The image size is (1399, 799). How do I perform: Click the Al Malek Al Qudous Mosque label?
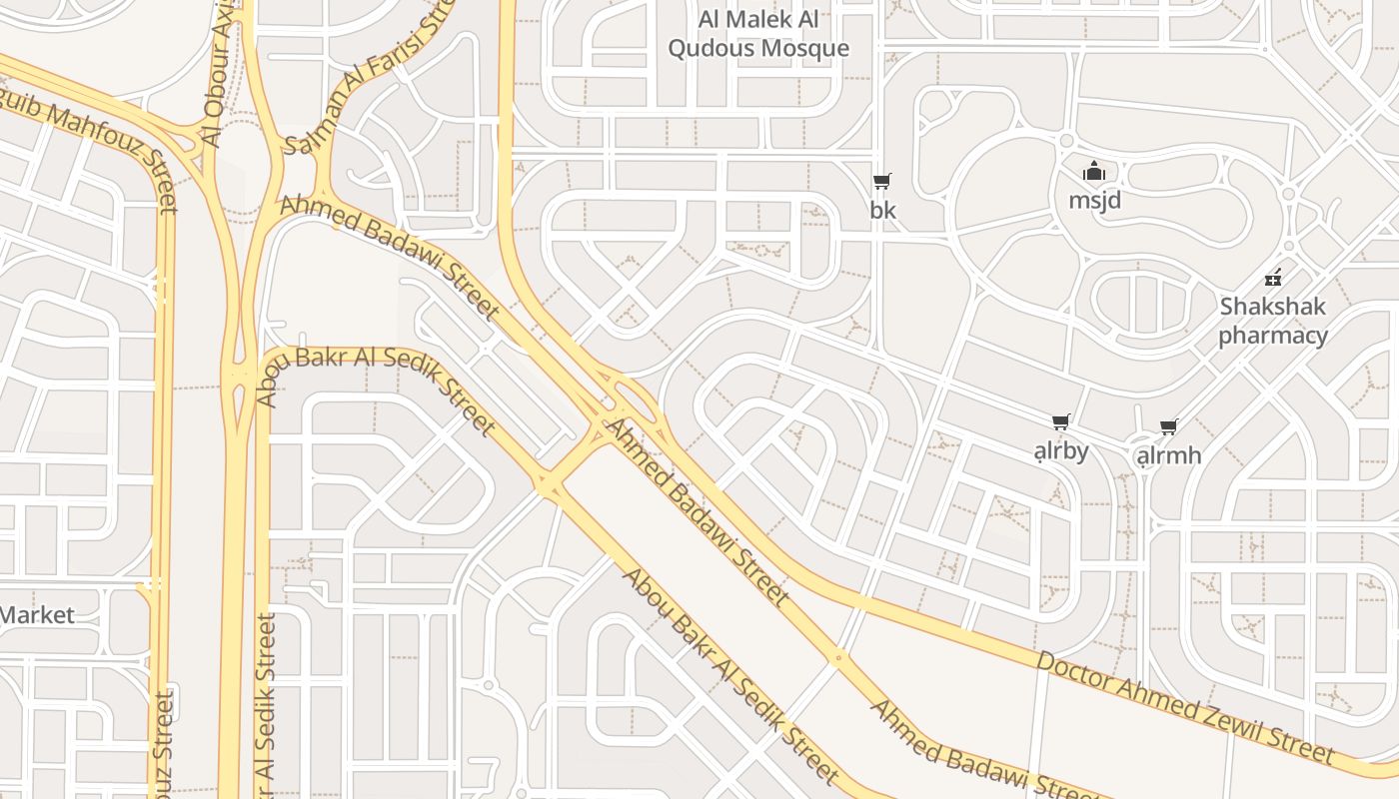click(758, 34)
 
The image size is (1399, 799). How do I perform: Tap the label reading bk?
click(883, 211)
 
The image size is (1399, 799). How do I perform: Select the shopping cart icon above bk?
click(881, 181)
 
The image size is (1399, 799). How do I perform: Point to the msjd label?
click(1095, 200)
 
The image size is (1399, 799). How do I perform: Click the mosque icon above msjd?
click(1094, 172)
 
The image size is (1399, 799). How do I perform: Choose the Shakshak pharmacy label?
click(1273, 320)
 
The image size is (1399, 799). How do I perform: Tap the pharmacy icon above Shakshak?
click(1273, 277)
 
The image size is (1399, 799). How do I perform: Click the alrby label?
click(1061, 450)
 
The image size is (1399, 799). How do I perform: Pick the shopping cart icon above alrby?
click(1060, 422)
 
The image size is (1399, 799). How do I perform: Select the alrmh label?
click(1169, 455)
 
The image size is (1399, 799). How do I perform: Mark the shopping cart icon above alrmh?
click(1169, 427)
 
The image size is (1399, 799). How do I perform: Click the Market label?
click(37, 614)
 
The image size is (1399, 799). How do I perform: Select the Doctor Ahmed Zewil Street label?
click(1185, 706)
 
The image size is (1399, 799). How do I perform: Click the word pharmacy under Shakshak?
click(1273, 335)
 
